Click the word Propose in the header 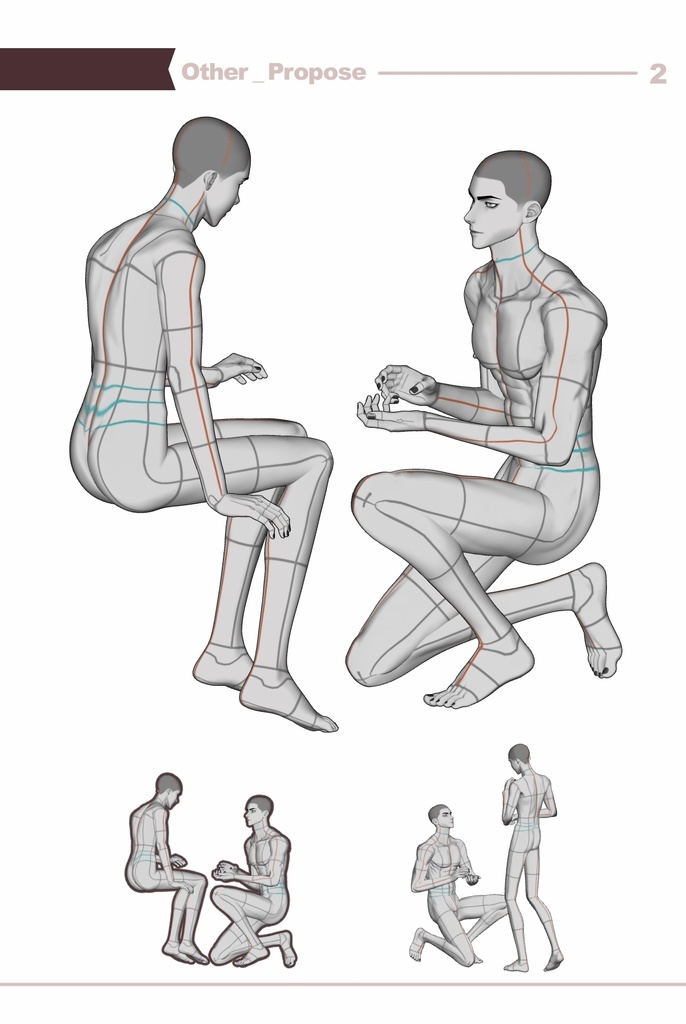click(316, 72)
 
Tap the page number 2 click(657, 74)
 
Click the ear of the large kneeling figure click(533, 212)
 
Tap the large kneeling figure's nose click(470, 213)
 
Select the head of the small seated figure click(169, 784)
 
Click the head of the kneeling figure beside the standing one click(440, 816)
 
